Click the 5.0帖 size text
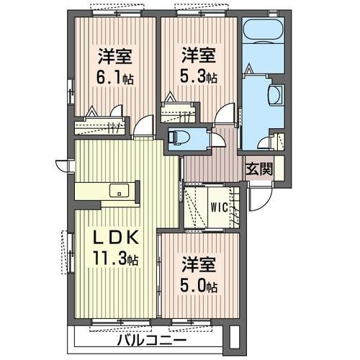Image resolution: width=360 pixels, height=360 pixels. click(x=199, y=285)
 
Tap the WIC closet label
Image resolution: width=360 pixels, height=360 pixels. click(x=219, y=207)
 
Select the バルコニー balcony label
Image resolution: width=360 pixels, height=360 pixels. click(x=150, y=339)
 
